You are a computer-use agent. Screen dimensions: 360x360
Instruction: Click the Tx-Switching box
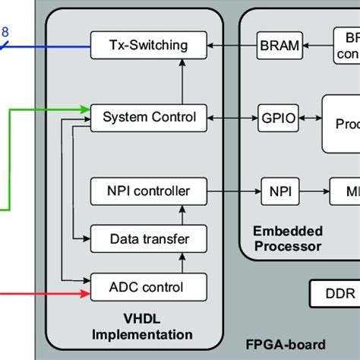click(148, 45)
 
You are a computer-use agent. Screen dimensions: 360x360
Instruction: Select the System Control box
click(148, 117)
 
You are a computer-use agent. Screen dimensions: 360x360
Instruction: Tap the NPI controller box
click(148, 190)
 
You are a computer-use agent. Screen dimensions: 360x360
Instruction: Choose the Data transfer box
click(148, 238)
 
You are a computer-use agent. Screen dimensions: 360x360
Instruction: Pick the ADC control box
click(148, 287)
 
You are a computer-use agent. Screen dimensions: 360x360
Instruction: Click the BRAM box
click(279, 45)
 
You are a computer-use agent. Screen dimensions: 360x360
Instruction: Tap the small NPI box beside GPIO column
click(279, 190)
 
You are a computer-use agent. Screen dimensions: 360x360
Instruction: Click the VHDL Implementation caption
click(141, 327)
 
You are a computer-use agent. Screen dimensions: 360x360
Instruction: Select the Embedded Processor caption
click(288, 238)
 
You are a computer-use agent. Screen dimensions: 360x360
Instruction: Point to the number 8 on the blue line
click(5, 32)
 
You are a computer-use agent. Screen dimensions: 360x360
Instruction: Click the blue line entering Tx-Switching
click(46, 45)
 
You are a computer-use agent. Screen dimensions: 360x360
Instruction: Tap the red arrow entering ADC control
click(46, 287)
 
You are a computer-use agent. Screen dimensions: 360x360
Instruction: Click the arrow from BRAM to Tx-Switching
click(232, 45)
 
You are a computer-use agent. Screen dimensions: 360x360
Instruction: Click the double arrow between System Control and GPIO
click(232, 117)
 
